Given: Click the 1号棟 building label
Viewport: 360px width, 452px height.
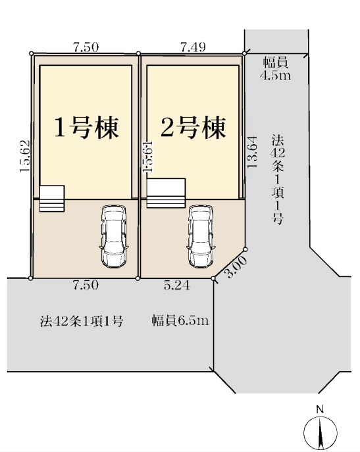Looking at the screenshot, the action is [x=86, y=128].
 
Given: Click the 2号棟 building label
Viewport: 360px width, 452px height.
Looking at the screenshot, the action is [x=193, y=128].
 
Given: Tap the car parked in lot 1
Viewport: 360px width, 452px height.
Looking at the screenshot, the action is [x=114, y=237].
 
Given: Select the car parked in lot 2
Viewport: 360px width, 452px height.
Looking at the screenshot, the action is [x=201, y=237].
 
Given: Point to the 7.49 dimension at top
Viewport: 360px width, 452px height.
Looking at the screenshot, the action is [x=193, y=47].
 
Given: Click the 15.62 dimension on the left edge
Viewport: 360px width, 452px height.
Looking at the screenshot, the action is [x=25, y=156].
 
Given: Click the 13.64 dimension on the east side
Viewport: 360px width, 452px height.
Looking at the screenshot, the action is [x=252, y=151].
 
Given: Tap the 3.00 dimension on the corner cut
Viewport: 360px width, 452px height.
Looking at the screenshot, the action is [x=236, y=266].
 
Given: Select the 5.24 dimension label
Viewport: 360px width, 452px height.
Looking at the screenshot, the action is [x=177, y=286].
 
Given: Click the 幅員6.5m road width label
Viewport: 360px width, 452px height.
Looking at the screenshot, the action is [x=180, y=320].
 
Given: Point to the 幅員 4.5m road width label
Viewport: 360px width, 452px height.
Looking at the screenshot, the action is [x=276, y=68].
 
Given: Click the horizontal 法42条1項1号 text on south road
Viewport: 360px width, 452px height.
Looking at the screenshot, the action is [x=82, y=321].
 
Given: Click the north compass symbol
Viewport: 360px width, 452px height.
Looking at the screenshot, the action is [x=321, y=432].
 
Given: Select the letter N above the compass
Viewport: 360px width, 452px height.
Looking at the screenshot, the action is [x=319, y=409].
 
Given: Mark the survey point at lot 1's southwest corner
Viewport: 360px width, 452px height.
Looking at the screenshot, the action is [x=31, y=278].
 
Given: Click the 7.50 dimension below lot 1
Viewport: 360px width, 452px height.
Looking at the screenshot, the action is [x=86, y=286].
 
